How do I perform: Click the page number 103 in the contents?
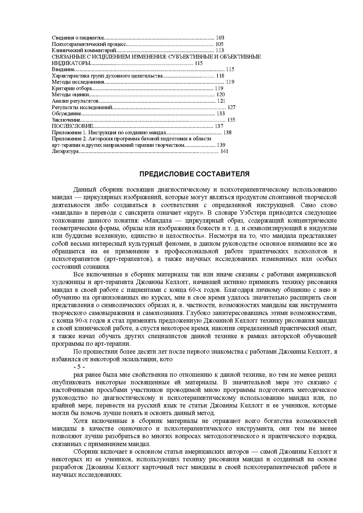(x=220, y=38)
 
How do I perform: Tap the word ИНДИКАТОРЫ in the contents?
(x=71, y=63)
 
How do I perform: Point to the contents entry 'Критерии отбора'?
(x=72, y=88)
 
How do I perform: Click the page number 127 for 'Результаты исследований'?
(x=231, y=107)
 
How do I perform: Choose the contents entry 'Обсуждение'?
(x=66, y=113)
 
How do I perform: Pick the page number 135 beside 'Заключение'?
(x=231, y=120)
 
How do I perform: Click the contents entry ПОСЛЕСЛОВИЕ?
(x=72, y=126)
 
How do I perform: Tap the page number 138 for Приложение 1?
(x=227, y=132)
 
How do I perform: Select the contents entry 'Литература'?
(x=65, y=151)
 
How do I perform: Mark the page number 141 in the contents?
(x=224, y=151)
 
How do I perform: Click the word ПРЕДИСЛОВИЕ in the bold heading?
(x=167, y=174)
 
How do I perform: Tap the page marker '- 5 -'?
(x=79, y=367)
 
